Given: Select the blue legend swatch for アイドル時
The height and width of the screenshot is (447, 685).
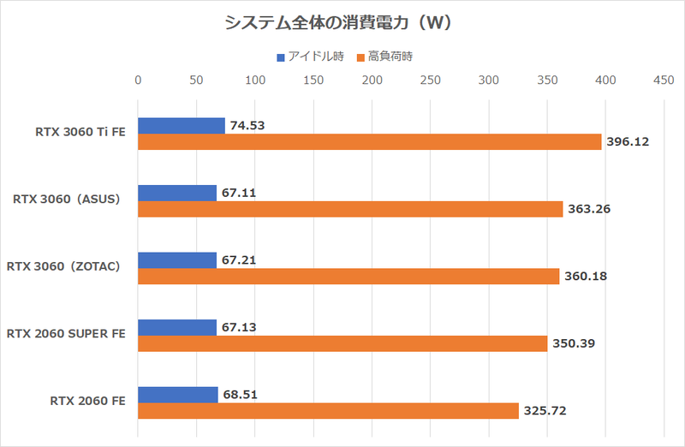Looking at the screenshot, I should pyautogui.click(x=280, y=57).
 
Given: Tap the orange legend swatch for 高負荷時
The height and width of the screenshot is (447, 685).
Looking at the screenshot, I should pyautogui.click(x=360, y=57).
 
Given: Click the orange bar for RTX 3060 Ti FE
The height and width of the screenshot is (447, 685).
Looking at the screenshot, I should pyautogui.click(x=369, y=142).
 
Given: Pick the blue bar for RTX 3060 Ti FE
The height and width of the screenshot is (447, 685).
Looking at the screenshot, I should pyautogui.click(x=182, y=126).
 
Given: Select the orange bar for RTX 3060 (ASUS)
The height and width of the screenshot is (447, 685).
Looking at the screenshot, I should pyautogui.click(x=350, y=209).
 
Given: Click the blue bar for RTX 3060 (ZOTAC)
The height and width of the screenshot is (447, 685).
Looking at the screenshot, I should pyautogui.click(x=177, y=260).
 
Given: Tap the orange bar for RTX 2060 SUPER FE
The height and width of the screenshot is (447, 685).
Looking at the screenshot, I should pyautogui.click(x=342, y=343).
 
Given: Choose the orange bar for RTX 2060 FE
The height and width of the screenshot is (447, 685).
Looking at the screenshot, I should pyautogui.click(x=328, y=411).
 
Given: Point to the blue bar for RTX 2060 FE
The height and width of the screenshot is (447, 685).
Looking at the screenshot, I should pyautogui.click(x=178, y=394).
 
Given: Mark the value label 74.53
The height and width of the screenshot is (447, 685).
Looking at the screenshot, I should pyautogui.click(x=248, y=126).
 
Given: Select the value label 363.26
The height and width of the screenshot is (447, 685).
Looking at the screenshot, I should pyautogui.click(x=590, y=209).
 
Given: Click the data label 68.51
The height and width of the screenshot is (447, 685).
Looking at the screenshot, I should pyautogui.click(x=241, y=394).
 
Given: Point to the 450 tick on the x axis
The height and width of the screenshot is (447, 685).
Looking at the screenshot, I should pyautogui.click(x=664, y=80).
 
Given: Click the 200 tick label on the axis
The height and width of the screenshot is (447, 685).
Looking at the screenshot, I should pyautogui.click(x=372, y=80).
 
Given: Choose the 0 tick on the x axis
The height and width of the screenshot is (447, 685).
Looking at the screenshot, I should pyautogui.click(x=138, y=80).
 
